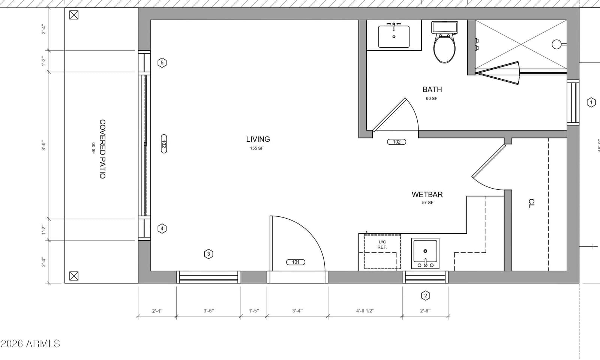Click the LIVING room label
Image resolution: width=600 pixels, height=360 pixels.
coord(258,139)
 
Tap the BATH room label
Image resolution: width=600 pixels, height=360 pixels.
coord(432,90)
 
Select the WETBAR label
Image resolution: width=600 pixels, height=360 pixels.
coord(427,195)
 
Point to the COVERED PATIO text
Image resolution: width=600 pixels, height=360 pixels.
coord(102,149)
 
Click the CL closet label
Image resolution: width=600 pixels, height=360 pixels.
coord(531,203)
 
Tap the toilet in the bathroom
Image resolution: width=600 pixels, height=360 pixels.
coord(444,42)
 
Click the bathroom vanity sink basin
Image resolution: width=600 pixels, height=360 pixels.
coord(394,36)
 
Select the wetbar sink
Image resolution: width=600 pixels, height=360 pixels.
coord(425,253)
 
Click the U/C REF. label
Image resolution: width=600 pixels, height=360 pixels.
coord(382,244)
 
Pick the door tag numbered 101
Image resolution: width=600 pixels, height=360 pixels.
coord(295,262)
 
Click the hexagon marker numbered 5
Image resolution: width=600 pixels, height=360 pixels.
coord(162,63)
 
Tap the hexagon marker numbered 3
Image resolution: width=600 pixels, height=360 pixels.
coord(208,254)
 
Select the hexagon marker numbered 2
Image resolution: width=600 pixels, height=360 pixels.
coord(425,296)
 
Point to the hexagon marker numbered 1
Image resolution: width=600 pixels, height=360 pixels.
coord(591,102)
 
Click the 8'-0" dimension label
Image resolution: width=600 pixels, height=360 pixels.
coord(43,145)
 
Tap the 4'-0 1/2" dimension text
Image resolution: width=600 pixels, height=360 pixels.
coord(365,311)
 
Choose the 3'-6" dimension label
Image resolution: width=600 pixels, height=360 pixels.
coord(208,311)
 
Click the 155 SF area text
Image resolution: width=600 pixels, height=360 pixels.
coord(257,148)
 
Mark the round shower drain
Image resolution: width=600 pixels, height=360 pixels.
coord(556,44)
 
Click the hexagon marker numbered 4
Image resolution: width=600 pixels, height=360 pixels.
coord(162,228)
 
